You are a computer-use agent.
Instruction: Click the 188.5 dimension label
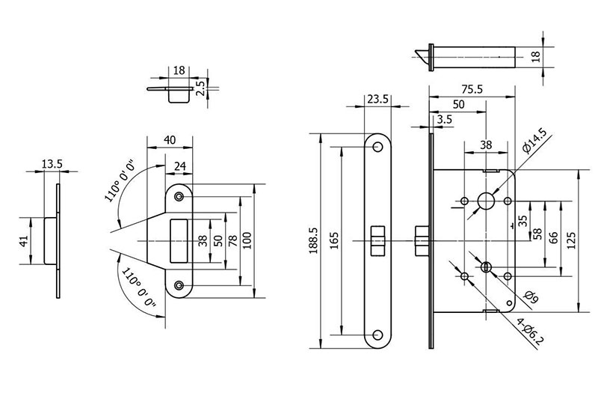coord(312,241)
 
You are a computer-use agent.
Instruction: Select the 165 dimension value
coord(334,241)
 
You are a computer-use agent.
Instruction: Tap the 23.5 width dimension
coord(378,99)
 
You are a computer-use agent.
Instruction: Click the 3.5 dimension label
coord(444,120)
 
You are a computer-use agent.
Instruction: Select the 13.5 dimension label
coord(51,164)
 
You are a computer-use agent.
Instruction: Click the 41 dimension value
coord(23,240)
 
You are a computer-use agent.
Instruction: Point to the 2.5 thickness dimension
coord(200,88)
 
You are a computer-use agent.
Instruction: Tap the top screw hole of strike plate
coord(179,196)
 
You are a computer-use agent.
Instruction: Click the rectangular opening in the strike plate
coord(180,240)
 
